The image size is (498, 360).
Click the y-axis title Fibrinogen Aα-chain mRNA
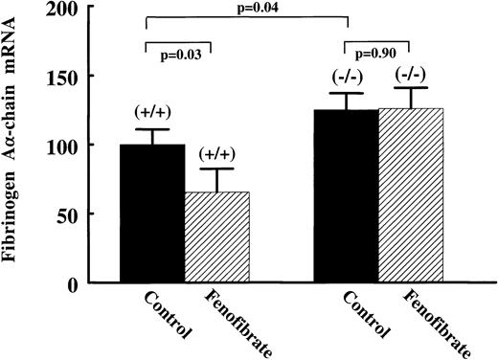14,144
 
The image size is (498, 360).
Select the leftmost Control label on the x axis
170,315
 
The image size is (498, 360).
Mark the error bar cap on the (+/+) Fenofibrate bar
216,169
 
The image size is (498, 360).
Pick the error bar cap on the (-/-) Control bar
346,93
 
